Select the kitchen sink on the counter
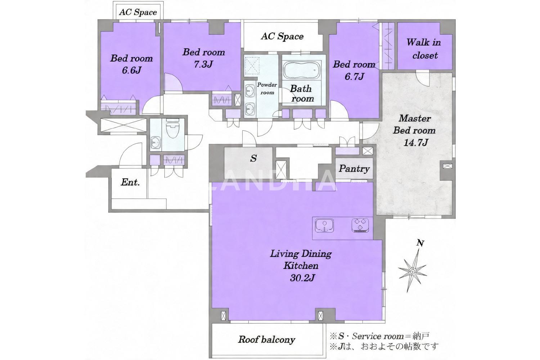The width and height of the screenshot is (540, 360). (x=324, y=225)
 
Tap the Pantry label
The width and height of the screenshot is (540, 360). (x=354, y=168)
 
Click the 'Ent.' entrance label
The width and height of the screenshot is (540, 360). (x=130, y=182)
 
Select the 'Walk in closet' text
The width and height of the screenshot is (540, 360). (x=424, y=49)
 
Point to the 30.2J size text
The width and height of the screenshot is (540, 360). (x=302, y=278)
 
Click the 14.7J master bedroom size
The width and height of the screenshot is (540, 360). (x=415, y=143)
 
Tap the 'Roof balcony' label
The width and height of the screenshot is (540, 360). (x=267, y=340)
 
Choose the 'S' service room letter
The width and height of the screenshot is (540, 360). (x=253, y=158)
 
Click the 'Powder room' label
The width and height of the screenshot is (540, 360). (x=267, y=89)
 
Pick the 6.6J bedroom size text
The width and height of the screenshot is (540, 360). (x=132, y=70)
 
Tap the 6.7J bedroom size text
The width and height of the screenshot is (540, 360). (x=354, y=76)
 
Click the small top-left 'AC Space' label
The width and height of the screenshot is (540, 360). (x=138, y=12)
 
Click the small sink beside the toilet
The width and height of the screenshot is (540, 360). (x=156, y=143)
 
